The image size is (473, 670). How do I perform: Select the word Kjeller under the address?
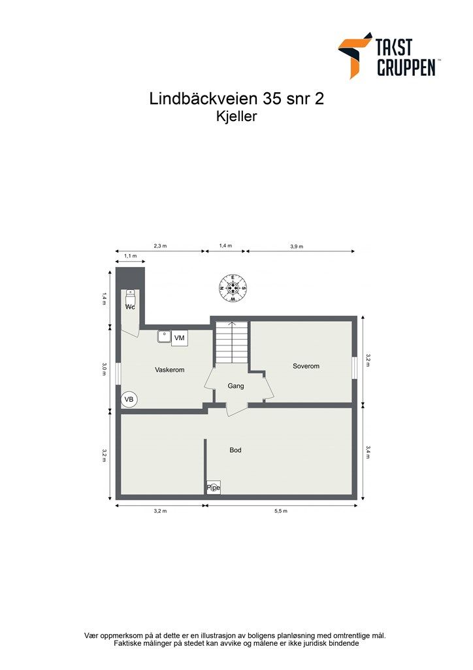click(x=236, y=117)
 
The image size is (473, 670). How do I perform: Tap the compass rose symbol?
click(x=233, y=288)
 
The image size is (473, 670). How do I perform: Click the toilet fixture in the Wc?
click(x=130, y=296)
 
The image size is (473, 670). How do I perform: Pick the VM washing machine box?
click(x=180, y=338)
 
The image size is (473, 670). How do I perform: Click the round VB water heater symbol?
click(x=129, y=399)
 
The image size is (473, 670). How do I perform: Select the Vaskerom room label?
click(x=169, y=370)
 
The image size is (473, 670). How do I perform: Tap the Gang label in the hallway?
click(x=236, y=386)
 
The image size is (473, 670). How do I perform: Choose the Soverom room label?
click(x=306, y=366)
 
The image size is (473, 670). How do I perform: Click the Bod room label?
click(x=235, y=450)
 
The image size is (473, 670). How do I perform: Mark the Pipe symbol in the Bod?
click(x=213, y=487)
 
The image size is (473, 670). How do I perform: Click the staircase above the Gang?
click(x=232, y=342)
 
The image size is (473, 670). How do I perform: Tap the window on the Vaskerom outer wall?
click(x=118, y=374)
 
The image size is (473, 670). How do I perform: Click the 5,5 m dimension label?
click(x=281, y=511)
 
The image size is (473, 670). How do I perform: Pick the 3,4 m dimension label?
click(x=368, y=451)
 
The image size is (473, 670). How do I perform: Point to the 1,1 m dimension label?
click(x=130, y=256)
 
